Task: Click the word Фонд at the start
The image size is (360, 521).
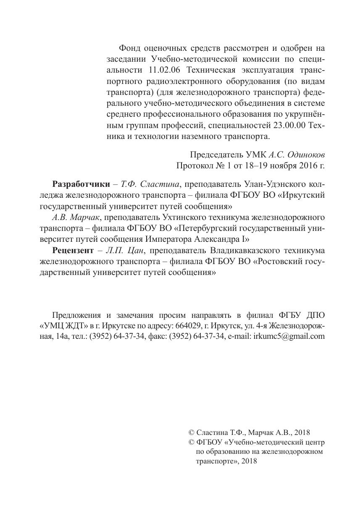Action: [x=130, y=48]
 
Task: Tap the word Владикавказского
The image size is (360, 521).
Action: [x=239, y=251]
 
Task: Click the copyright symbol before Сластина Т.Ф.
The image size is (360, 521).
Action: [x=192, y=432]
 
